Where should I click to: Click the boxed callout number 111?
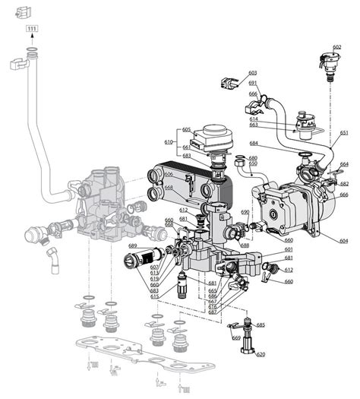31,29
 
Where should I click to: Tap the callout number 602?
336,47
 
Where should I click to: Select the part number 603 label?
252,73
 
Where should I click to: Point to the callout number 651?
344,133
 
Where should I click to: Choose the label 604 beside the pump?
344,241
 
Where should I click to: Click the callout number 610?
169,141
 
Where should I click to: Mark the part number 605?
187,130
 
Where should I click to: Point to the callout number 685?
261,325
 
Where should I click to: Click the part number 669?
236,337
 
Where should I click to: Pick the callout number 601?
289,250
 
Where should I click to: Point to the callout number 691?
253,83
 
